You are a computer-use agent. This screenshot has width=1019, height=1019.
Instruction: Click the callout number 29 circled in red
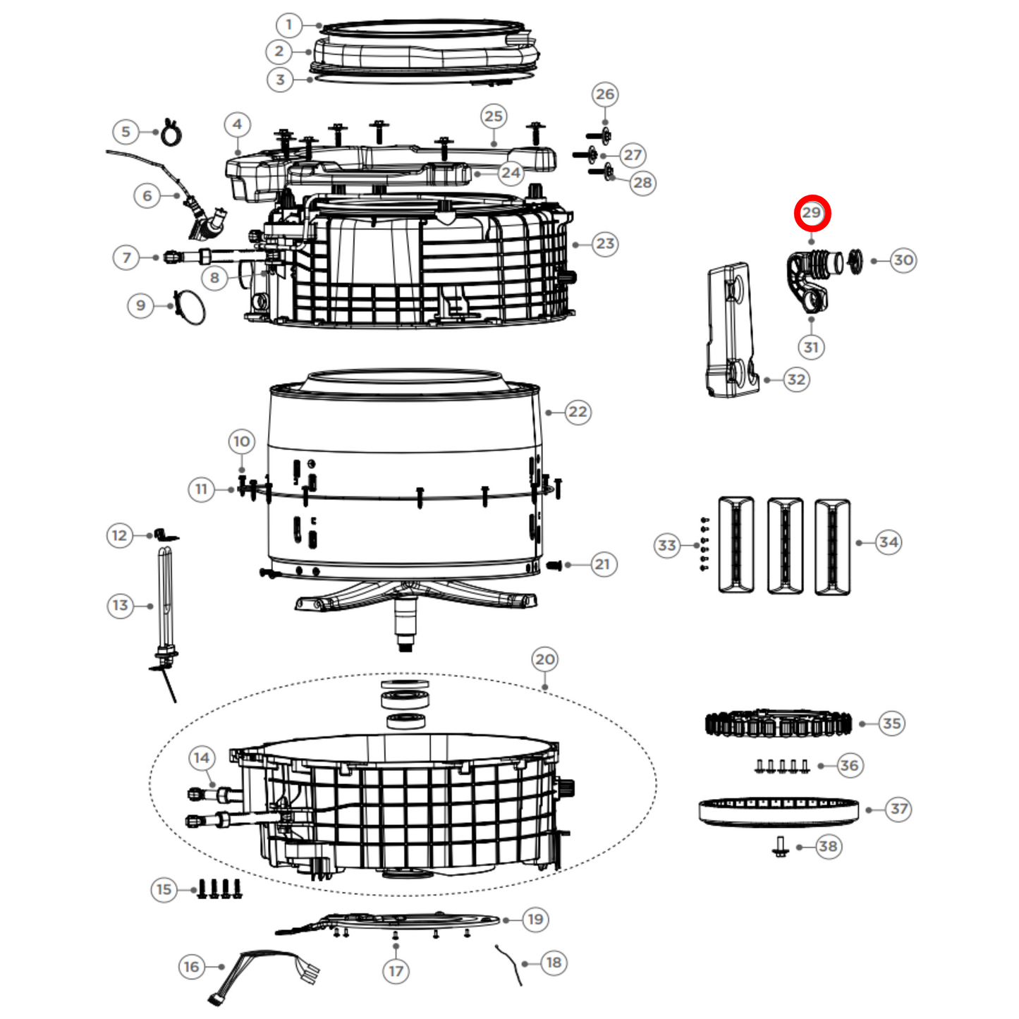(812, 212)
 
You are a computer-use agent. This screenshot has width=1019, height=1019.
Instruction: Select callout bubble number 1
(288, 25)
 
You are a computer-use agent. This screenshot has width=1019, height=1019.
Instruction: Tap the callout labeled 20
(544, 659)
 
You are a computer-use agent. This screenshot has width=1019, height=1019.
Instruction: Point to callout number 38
(828, 846)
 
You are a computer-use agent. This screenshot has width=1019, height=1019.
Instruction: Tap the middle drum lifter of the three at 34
(784, 546)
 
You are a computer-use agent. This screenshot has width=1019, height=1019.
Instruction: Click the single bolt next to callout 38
(781, 846)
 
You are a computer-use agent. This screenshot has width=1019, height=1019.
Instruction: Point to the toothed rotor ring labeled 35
(778, 724)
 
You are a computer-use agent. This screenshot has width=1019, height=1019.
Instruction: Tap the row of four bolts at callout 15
(219, 889)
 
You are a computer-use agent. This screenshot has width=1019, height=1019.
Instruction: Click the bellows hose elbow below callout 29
(811, 279)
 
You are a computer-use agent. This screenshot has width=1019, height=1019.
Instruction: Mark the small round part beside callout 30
(855, 260)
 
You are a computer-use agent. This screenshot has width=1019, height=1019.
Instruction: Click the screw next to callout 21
(554, 565)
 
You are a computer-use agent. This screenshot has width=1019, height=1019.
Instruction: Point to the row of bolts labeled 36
(781, 766)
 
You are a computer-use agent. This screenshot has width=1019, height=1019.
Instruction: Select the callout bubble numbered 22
(578, 412)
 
